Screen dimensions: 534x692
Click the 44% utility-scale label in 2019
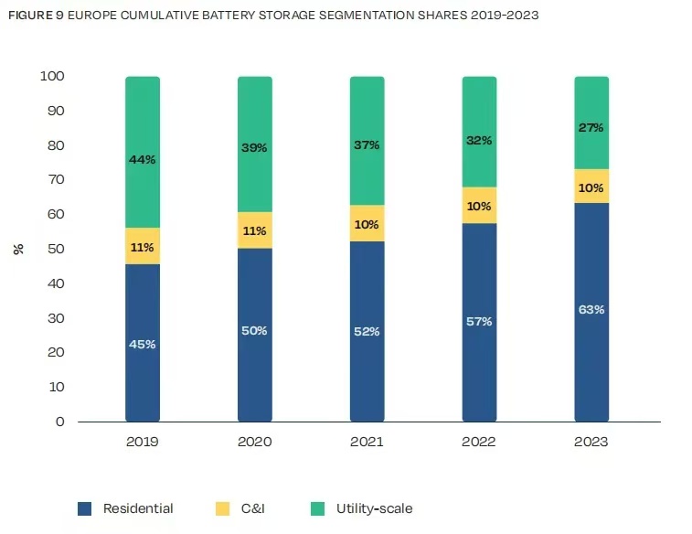click(143, 159)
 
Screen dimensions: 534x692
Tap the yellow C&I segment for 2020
click(255, 230)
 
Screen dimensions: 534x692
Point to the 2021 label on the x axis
click(367, 442)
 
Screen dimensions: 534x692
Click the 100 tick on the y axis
click(52, 77)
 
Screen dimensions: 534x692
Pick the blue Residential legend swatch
click(85, 508)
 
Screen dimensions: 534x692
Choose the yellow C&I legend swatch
click(221, 508)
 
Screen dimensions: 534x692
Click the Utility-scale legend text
click(374, 508)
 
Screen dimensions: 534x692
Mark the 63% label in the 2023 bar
click(591, 309)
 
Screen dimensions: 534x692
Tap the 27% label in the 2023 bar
click(591, 128)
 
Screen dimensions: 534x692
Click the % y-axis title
click(18, 249)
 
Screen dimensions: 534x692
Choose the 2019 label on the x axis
click(143, 442)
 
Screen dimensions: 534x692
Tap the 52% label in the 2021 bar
click(367, 331)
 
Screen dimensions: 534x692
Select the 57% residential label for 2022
click(479, 321)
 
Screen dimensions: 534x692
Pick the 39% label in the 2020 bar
click(255, 147)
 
